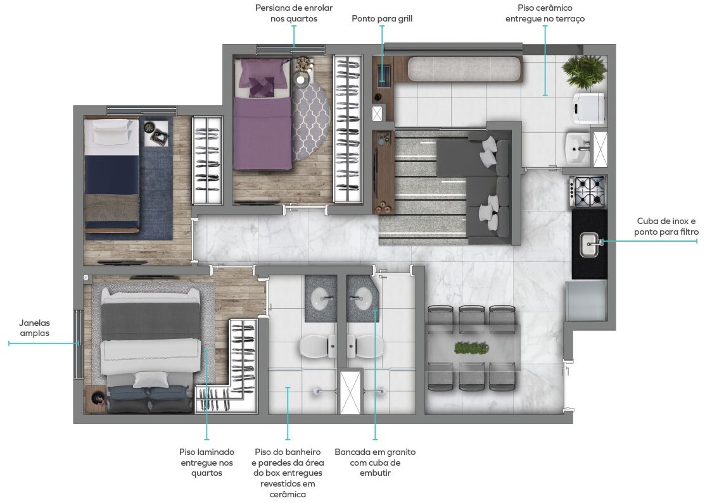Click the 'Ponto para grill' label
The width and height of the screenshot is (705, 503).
[x=382, y=19]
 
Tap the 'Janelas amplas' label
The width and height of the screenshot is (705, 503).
[x=35, y=328]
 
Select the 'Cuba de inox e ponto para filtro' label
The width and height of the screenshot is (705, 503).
[x=666, y=227]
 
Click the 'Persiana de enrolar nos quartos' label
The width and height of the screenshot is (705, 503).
[x=294, y=13]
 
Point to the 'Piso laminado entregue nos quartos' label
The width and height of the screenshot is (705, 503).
[x=207, y=462]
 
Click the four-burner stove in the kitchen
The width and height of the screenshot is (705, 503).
[x=588, y=191]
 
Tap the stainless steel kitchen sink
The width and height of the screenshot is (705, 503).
[x=590, y=244]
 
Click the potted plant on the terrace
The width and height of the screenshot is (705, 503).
[x=583, y=71]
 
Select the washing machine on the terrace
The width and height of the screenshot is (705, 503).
[x=588, y=108]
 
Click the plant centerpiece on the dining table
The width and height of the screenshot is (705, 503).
[x=471, y=348]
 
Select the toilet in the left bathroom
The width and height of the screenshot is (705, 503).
[x=317, y=346]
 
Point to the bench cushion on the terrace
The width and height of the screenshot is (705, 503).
[x=464, y=69]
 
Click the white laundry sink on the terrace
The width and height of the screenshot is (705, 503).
[x=577, y=148]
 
